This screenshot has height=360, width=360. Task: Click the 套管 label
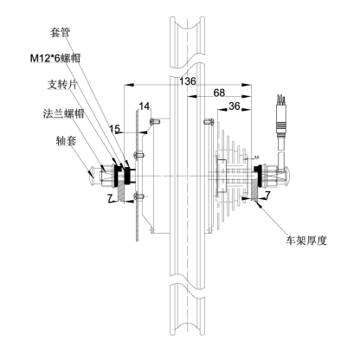[x=60, y=32]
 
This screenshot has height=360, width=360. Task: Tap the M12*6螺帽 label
[x=55, y=58]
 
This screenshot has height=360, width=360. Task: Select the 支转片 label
[x=62, y=85]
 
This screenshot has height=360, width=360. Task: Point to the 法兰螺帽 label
[x=63, y=113]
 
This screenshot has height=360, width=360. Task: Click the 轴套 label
[x=66, y=141]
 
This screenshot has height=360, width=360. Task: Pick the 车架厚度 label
[x=306, y=240]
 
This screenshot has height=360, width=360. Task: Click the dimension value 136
[x=188, y=81]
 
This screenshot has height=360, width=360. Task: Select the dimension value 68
[x=219, y=93]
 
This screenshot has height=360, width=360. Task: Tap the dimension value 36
[x=235, y=106]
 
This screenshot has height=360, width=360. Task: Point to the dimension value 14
[x=145, y=106]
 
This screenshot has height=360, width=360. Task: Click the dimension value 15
[x=114, y=129]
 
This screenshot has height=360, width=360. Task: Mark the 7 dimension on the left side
[x=110, y=198]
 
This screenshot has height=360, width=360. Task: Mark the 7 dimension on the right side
[x=267, y=196]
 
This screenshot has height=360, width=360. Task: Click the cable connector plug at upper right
[x=281, y=119]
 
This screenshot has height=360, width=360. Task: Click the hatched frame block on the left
[x=120, y=192]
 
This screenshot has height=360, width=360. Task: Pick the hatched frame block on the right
[x=255, y=190]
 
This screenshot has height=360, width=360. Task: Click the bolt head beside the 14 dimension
[x=155, y=121]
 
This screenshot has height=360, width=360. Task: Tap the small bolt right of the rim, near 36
[x=209, y=121]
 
